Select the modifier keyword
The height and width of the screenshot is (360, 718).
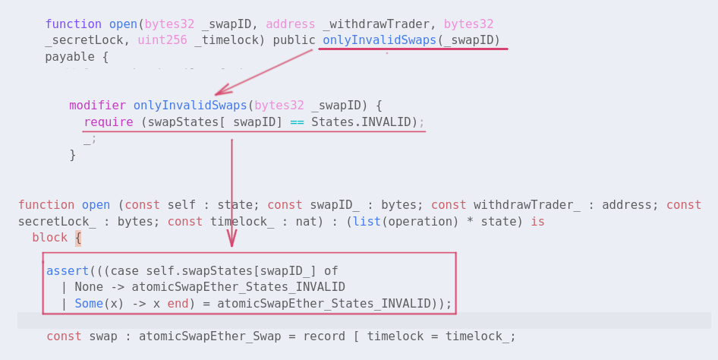click(x=97, y=106)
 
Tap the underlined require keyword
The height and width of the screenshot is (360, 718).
click(x=108, y=122)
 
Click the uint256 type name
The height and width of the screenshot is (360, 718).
click(x=162, y=40)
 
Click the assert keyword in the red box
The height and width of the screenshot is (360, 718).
click(x=68, y=271)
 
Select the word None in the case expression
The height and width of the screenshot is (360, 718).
click(x=88, y=287)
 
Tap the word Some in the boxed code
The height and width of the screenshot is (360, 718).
click(x=88, y=304)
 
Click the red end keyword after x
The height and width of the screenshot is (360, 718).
click(x=178, y=304)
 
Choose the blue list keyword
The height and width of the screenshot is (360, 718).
click(x=367, y=222)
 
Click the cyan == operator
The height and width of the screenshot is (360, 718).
click(x=297, y=122)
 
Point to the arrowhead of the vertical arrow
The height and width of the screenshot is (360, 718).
click(x=231, y=241)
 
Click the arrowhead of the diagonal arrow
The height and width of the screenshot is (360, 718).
click(x=219, y=93)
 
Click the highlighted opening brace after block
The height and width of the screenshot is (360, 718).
click(x=77, y=238)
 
